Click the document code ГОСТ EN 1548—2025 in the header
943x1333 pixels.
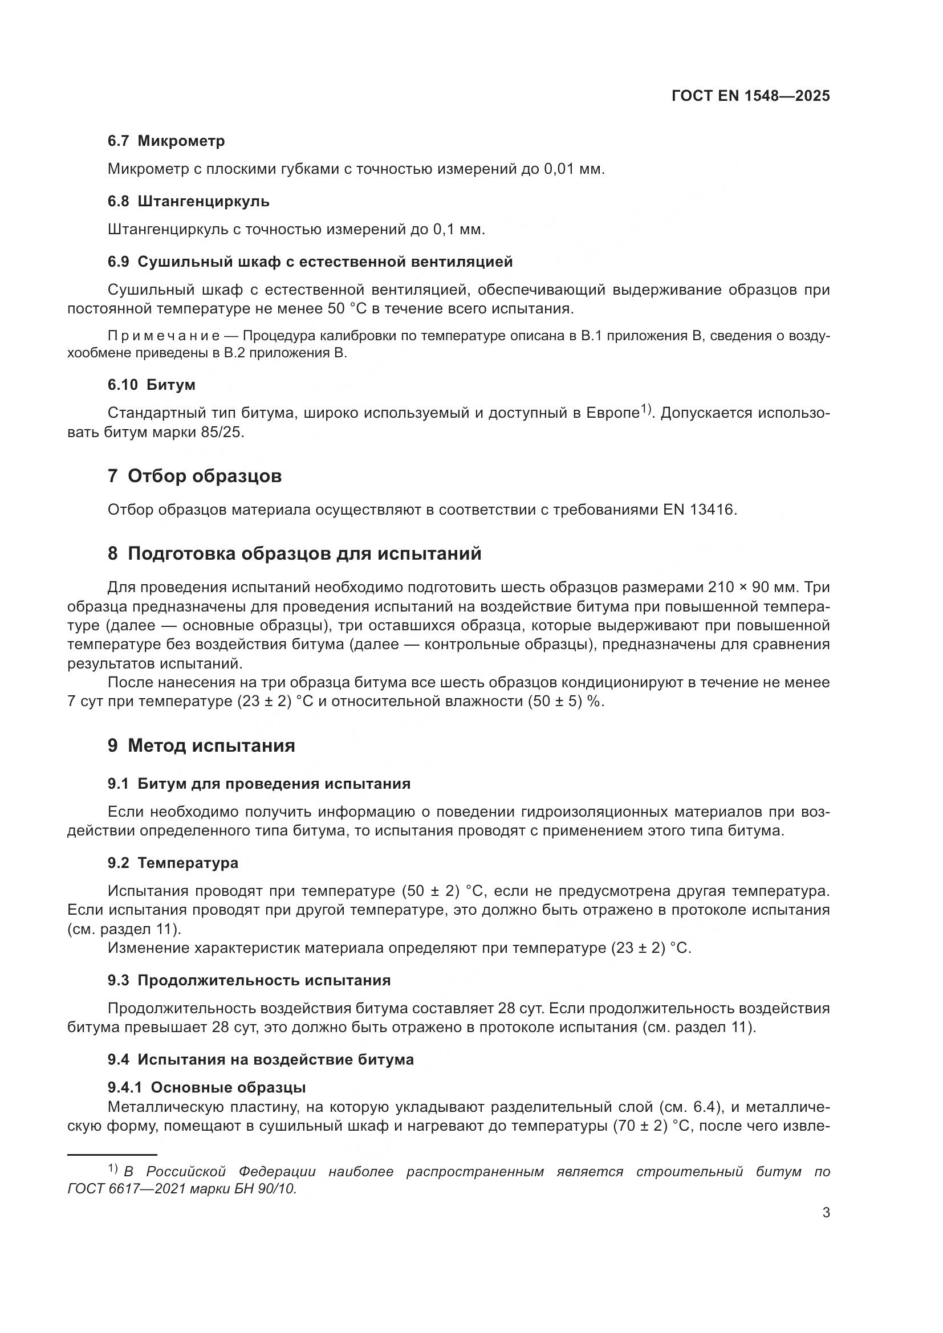750,96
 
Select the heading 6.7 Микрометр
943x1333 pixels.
166,141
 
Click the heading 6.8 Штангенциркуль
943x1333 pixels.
188,201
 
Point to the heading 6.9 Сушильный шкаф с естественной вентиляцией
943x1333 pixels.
310,262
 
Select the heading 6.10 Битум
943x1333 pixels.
151,385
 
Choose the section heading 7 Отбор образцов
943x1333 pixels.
194,476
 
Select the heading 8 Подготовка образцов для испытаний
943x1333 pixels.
294,554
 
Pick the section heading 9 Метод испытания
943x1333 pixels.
201,745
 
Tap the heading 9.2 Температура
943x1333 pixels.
172,863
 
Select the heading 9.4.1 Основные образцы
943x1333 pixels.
206,1087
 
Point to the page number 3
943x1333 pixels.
826,1229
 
